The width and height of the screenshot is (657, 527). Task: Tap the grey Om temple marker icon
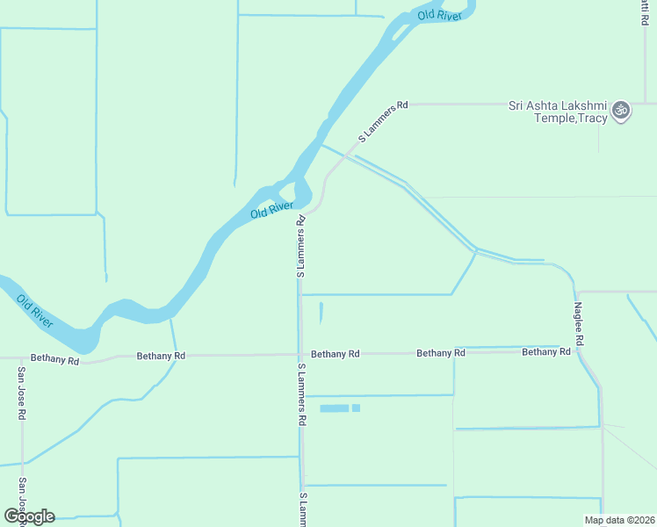click(621, 110)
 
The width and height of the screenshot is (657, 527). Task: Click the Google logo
click(29, 516)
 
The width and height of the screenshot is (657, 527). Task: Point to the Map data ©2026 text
click(619, 520)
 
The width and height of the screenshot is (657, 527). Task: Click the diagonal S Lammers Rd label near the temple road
click(384, 122)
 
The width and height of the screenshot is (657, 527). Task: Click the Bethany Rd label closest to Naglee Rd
click(545, 352)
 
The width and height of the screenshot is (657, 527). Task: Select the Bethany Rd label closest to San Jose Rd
click(54, 358)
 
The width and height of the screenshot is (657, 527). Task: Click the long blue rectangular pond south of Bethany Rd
click(334, 408)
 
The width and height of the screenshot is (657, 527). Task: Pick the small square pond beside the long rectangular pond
click(356, 408)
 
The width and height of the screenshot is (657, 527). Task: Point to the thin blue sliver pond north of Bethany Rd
click(321, 313)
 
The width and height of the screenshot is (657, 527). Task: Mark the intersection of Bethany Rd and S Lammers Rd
click(300, 354)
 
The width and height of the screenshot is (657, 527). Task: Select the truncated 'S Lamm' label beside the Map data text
click(302, 509)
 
